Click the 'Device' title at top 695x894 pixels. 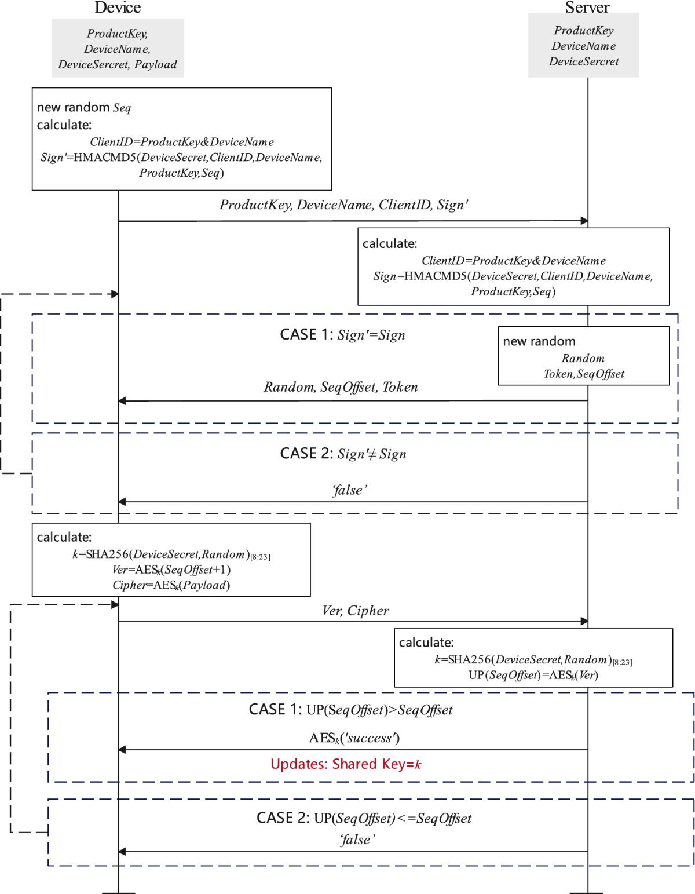coord(118,8)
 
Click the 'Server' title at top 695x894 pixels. coord(587,8)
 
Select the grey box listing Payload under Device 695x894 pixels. coord(118,48)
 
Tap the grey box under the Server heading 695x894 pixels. coord(583,46)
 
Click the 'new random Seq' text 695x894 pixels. coord(84,108)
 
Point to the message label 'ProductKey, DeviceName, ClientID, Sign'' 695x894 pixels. coord(343,205)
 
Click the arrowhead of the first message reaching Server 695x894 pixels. coord(584,221)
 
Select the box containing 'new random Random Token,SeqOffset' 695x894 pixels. coord(583,356)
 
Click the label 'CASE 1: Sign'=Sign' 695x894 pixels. coord(342,335)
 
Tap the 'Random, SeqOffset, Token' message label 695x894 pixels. coord(341,387)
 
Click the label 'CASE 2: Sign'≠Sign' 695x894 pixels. coord(343,454)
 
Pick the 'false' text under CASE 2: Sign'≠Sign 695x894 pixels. coord(349,490)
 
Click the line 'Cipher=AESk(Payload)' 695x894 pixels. coord(171,585)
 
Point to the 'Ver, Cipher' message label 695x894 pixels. coord(356,611)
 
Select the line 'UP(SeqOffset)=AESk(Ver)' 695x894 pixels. coord(533,675)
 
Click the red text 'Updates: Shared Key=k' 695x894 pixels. coord(346,764)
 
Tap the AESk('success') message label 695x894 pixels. coord(354,738)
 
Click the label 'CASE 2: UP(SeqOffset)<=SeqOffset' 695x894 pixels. coord(364,818)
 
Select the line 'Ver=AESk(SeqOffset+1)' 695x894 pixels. coord(171,570)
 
